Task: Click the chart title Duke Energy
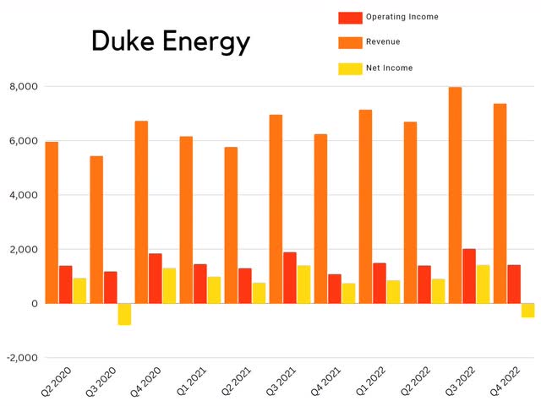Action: coord(170,41)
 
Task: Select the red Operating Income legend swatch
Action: coord(350,17)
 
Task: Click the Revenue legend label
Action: coord(383,41)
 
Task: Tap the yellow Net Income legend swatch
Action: coord(350,68)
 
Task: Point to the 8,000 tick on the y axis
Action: coord(24,87)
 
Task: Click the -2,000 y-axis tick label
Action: coord(22,357)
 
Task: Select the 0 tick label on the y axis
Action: coord(35,303)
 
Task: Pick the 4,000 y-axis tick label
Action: coord(24,195)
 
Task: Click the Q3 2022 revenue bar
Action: coord(455,195)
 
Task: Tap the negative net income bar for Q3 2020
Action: coord(124,314)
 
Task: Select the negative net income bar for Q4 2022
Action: coord(527,310)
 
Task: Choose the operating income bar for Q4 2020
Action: coord(156,279)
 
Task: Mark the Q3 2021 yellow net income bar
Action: coord(303,284)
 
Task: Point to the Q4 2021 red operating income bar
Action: coord(335,289)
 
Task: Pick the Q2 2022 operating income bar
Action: coord(424,284)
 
